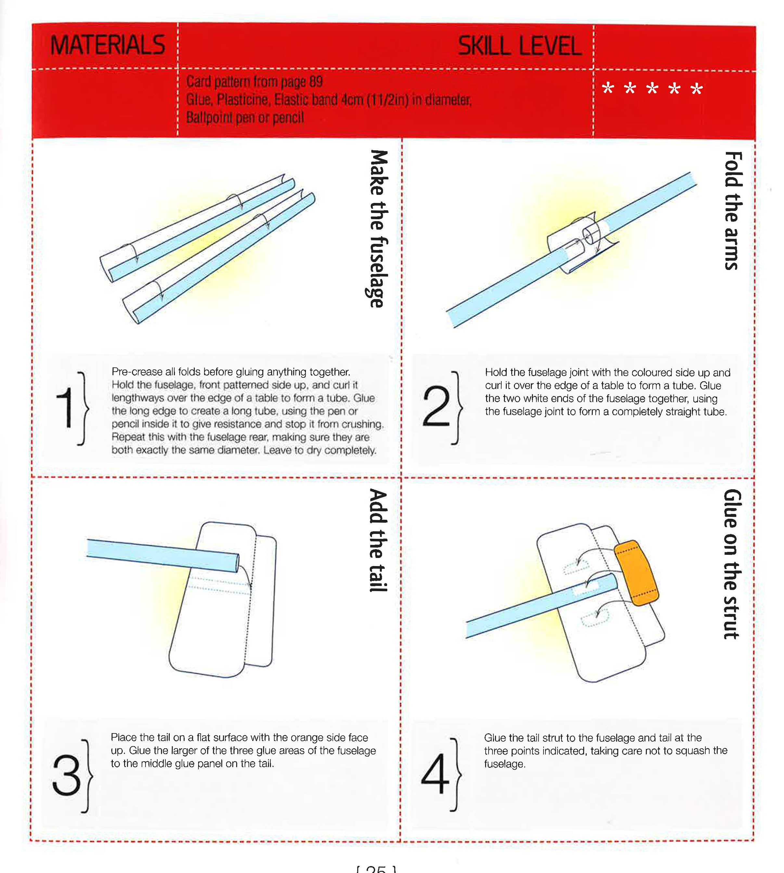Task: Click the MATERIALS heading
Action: (108, 45)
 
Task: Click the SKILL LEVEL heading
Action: (520, 46)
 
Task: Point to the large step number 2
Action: (436, 407)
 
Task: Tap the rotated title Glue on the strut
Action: (732, 564)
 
